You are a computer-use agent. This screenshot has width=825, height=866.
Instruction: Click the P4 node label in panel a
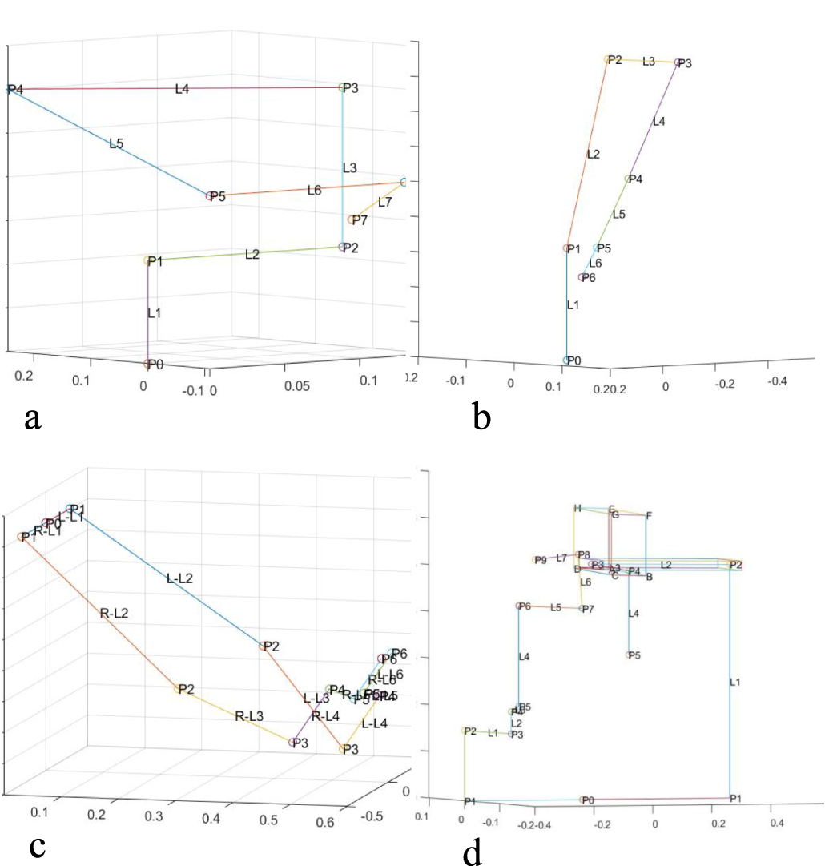[x=15, y=89]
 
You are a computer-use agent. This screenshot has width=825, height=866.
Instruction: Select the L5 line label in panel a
[x=116, y=144]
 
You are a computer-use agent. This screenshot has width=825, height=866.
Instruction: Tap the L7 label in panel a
[x=385, y=203]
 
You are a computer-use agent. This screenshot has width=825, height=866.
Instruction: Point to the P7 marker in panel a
[x=351, y=220]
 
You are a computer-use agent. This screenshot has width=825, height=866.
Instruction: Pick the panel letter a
[x=33, y=417]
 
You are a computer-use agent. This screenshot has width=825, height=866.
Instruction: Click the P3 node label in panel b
[x=684, y=63]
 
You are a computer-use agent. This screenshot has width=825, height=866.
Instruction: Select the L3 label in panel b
[x=649, y=61]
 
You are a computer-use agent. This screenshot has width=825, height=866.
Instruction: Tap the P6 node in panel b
[x=582, y=278]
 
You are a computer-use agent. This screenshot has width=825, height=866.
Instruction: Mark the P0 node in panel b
[x=567, y=360]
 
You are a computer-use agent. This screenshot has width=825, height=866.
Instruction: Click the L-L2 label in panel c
[x=179, y=578]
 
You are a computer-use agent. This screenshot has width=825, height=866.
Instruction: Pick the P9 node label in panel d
[x=541, y=560]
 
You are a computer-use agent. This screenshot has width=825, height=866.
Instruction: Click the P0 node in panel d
[x=583, y=800]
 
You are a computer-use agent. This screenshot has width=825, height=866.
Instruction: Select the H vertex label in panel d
[x=577, y=508]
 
